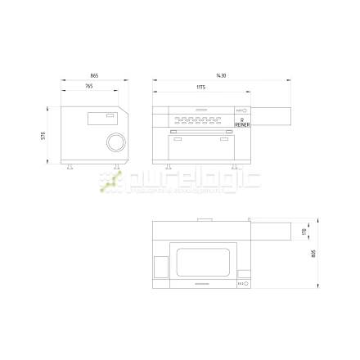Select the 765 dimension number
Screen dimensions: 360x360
[88, 86]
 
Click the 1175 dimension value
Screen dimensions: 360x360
[200, 86]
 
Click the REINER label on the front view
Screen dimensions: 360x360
[242, 124]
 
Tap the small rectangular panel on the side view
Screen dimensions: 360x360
[99, 118]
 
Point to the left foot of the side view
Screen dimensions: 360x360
[70, 166]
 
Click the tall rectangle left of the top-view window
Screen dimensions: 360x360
[161, 267]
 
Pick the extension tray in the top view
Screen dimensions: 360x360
[271, 231]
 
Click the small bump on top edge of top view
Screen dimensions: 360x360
[205, 218]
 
